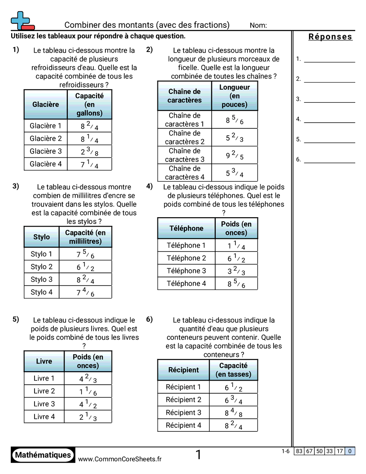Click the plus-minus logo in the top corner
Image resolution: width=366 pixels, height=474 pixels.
22,20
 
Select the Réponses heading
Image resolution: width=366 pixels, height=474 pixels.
330,37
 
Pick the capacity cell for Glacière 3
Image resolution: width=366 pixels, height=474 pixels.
90,152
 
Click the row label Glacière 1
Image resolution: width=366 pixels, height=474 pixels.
46,126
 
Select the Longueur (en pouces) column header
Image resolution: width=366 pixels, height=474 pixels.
234,96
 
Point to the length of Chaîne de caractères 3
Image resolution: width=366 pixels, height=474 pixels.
234,155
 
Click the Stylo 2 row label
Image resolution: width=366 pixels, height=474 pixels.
42,267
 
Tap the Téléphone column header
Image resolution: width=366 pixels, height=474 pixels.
186,228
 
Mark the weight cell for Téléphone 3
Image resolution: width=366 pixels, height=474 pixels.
236,271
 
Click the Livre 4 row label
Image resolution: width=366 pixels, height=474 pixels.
44,417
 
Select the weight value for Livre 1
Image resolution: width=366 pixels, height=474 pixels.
88,378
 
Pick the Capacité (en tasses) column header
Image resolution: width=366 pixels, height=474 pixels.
233,370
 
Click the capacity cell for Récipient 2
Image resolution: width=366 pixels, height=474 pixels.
233,400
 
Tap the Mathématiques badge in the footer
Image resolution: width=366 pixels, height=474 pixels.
43,455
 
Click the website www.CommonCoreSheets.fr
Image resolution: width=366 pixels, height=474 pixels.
120,459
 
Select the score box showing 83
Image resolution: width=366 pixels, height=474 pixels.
299,451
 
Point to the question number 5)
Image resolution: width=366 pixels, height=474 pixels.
16,320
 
